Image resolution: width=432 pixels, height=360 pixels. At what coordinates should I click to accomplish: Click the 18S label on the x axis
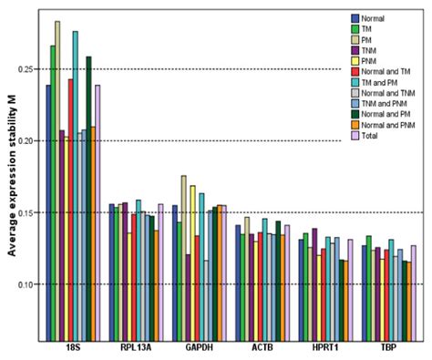click(x=72, y=348)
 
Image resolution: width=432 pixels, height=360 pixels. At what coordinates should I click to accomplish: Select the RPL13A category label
click(x=135, y=348)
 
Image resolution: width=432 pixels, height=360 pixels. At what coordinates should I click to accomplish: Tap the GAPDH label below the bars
click(x=200, y=348)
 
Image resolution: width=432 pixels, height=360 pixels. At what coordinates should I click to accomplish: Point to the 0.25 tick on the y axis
click(x=27, y=69)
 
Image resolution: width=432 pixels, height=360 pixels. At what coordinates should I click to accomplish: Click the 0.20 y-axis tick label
click(x=27, y=141)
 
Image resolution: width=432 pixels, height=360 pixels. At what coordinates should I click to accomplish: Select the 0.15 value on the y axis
click(x=27, y=212)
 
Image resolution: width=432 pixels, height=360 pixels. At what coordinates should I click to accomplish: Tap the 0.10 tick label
click(x=27, y=284)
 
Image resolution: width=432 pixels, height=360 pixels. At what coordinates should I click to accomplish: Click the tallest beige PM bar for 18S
click(x=57, y=182)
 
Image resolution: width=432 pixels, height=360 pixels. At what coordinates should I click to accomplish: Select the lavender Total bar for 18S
click(x=98, y=214)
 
